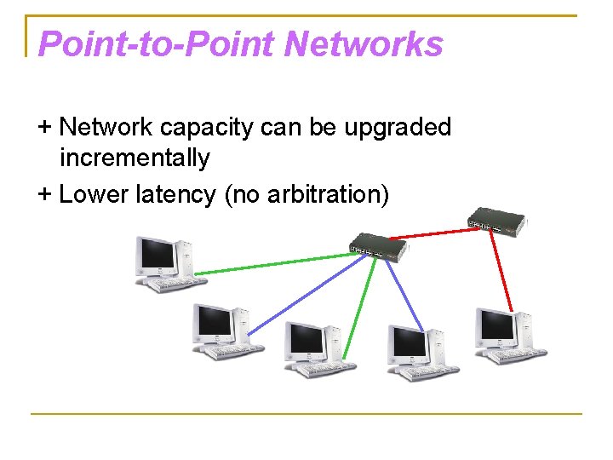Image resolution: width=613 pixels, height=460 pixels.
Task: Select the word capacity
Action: click(206, 128)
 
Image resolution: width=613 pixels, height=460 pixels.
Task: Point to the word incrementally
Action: click(135, 158)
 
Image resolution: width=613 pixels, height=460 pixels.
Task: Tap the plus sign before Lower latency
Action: click(45, 194)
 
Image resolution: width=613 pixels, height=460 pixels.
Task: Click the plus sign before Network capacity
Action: click(45, 128)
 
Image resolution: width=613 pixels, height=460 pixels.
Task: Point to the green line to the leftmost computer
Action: click(272, 262)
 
